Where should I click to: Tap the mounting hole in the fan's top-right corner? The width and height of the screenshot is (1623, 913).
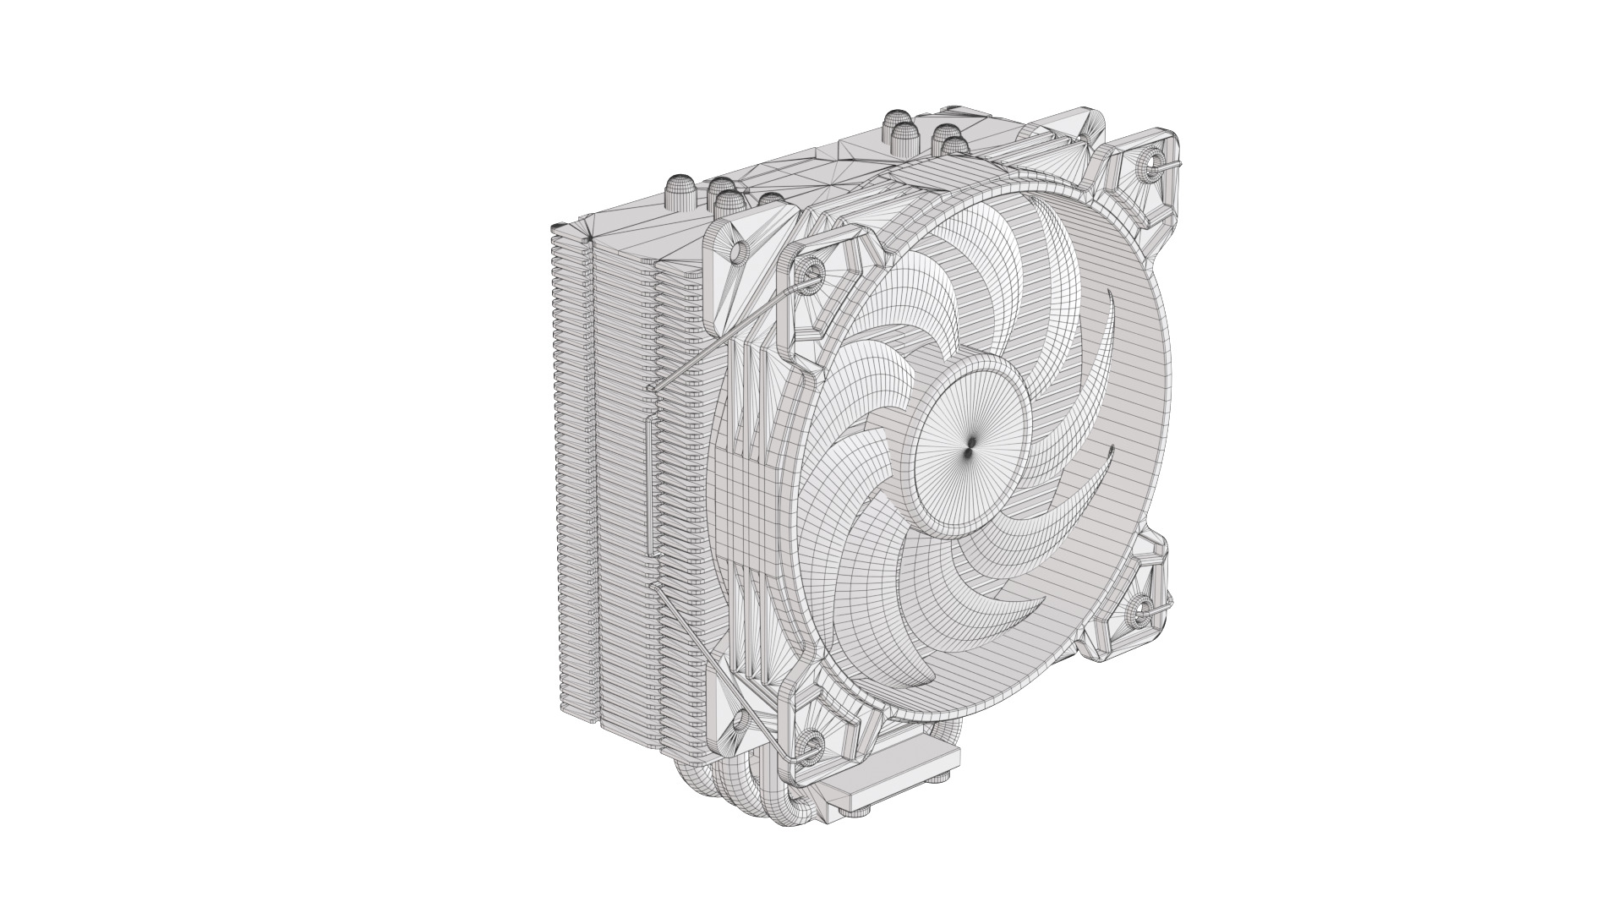[1150, 161]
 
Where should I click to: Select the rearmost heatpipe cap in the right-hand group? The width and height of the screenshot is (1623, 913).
[896, 123]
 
